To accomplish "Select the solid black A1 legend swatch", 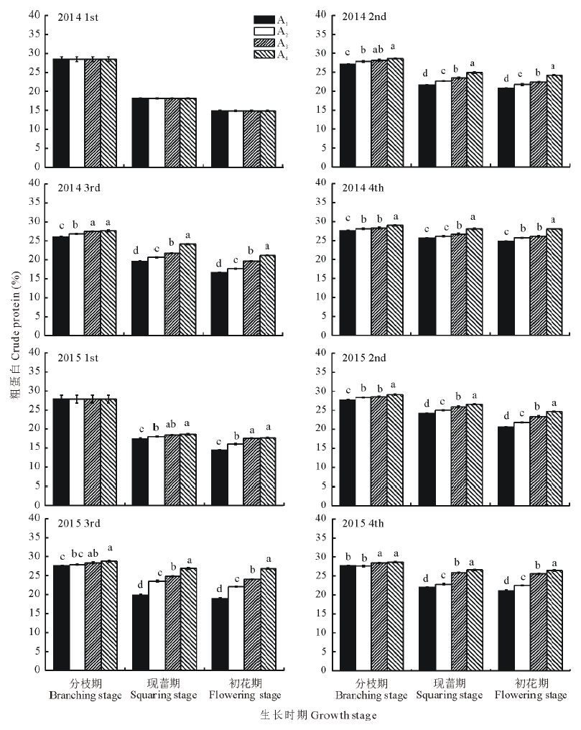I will pyautogui.click(x=265, y=19).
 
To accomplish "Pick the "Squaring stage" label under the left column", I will pyautogui.click(x=163, y=696).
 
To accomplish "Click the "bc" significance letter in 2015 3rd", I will pyautogui.click(x=77, y=556).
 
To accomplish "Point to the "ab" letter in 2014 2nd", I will pyautogui.click(x=378, y=50).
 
